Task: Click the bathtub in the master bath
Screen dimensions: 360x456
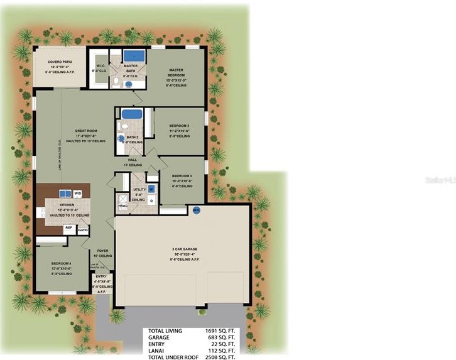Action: pyautogui.click(x=133, y=56)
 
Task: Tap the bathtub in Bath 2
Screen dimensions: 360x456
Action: pyautogui.click(x=131, y=114)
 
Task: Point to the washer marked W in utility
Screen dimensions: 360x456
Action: pyautogui.click(x=151, y=189)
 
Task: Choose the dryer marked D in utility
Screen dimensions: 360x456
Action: pyautogui.click(x=151, y=200)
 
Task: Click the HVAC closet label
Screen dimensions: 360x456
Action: pyautogui.click(x=123, y=205)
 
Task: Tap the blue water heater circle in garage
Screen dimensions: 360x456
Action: pyautogui.click(x=196, y=210)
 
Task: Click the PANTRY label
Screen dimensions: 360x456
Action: pyautogui.click(x=83, y=231)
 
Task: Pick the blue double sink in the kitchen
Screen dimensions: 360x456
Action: pyautogui.click(x=65, y=193)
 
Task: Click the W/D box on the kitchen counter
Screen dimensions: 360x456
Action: pyautogui.click(x=79, y=193)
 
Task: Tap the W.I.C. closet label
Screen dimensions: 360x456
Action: pyautogui.click(x=100, y=66)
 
